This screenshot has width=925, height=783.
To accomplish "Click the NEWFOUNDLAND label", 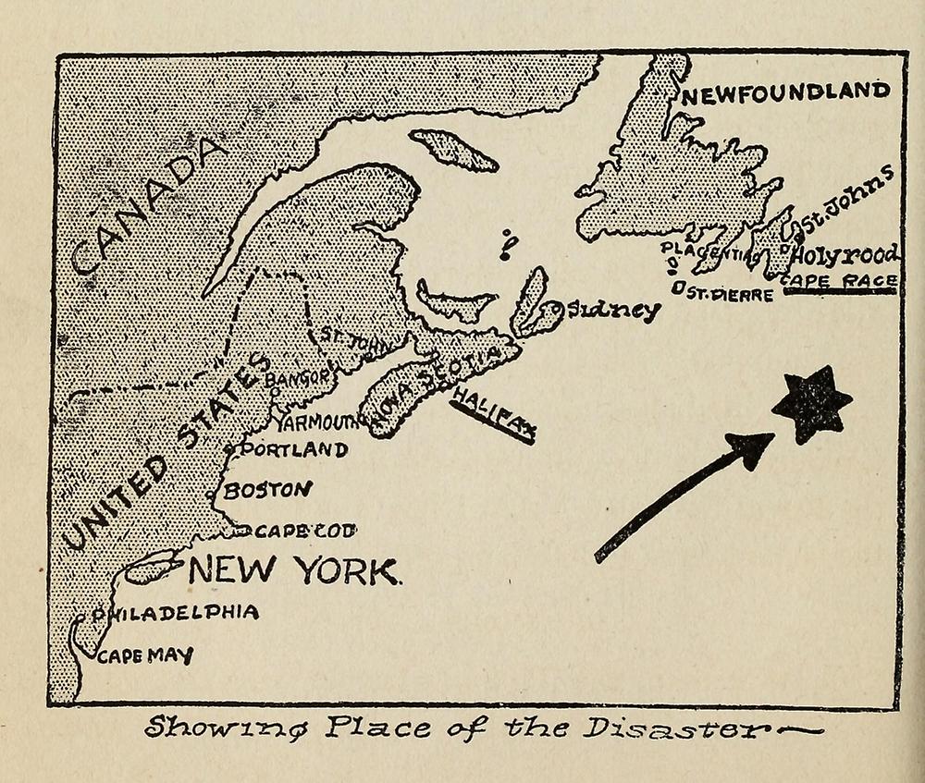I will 785,92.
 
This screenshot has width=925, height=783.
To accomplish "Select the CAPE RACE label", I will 839,281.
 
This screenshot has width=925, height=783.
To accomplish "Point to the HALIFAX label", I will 494,413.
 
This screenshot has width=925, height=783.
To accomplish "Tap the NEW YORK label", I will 295,570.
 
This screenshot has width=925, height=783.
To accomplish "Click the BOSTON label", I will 266,490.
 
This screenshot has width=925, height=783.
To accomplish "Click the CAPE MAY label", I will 145,656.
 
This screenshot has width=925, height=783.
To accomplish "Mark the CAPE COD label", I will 304,531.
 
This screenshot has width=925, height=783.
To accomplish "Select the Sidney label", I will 614,311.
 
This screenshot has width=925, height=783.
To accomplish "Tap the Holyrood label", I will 847,255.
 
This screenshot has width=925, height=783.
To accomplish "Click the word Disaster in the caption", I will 684,729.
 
